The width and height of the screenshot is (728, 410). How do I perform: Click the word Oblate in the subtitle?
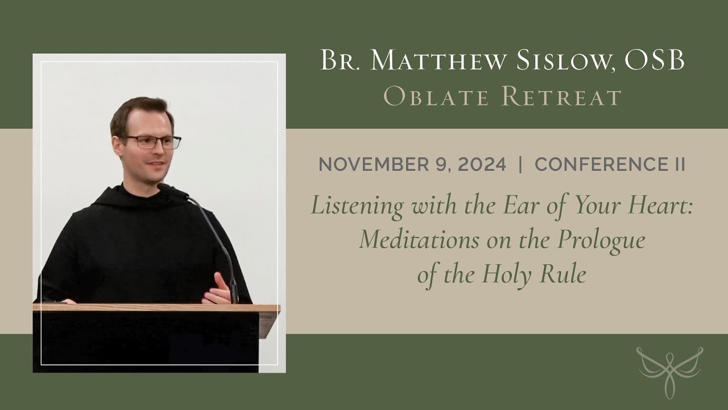coord(434,97)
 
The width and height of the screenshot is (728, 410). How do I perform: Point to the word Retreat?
coord(561,97)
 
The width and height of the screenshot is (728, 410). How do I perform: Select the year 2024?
coord(476,165)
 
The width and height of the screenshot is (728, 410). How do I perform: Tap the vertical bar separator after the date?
coord(520,165)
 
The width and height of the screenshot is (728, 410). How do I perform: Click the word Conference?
coord(601,165)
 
